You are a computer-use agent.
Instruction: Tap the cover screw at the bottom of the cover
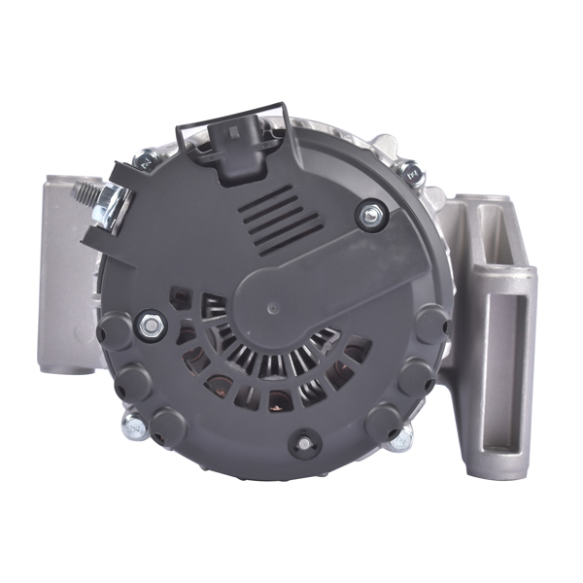click(x=305, y=444)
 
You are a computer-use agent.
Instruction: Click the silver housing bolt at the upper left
click(x=146, y=159)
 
